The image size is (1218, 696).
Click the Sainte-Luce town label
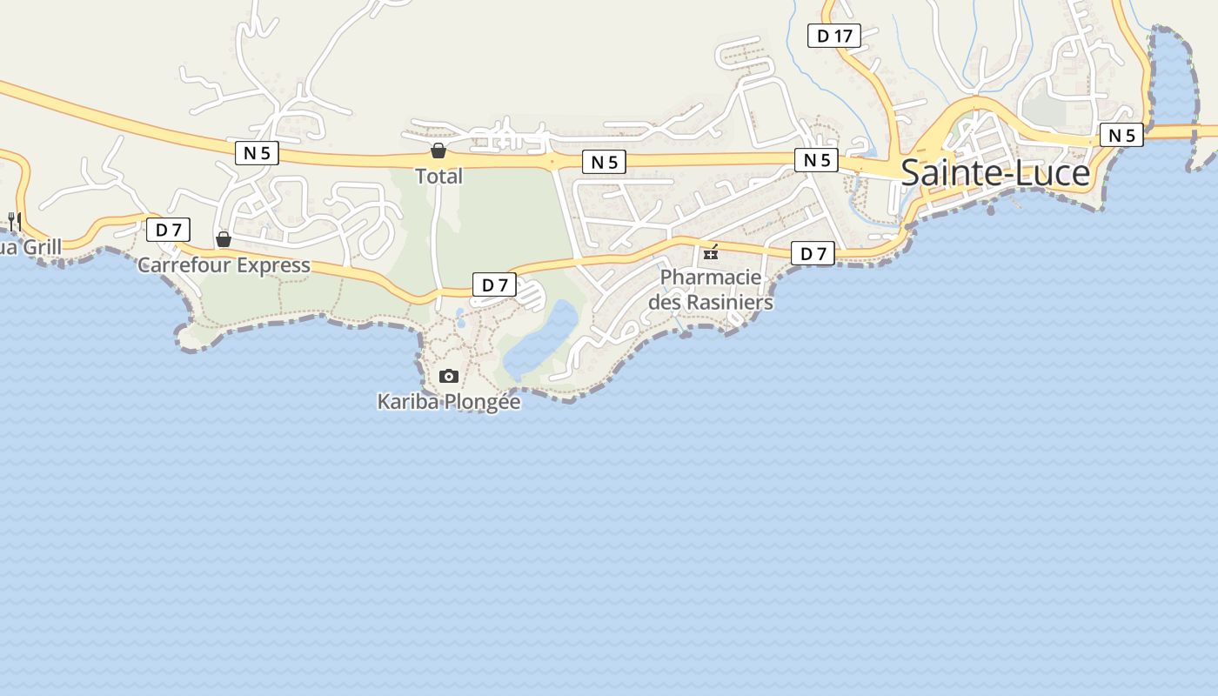(994, 172)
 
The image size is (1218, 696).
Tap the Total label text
(438, 177)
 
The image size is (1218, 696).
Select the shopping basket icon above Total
(438, 151)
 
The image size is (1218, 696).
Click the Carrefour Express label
(224, 265)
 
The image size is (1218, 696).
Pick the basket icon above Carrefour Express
(224, 238)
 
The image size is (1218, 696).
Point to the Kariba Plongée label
(448, 402)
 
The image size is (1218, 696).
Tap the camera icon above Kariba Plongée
(449, 376)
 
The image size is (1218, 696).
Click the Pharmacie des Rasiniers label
(711, 290)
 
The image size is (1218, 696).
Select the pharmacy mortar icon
(711, 252)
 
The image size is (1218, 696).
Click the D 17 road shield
(834, 36)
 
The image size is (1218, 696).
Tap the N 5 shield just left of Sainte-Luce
(816, 160)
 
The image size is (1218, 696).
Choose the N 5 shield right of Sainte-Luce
(1121, 135)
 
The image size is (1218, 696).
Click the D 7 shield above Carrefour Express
(168, 231)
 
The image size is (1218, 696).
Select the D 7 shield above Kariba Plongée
(494, 284)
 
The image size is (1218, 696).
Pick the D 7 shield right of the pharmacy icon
(813, 254)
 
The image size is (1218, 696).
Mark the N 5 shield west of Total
(257, 153)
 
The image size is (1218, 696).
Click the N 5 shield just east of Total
(604, 162)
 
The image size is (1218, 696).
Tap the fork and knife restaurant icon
(14, 219)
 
